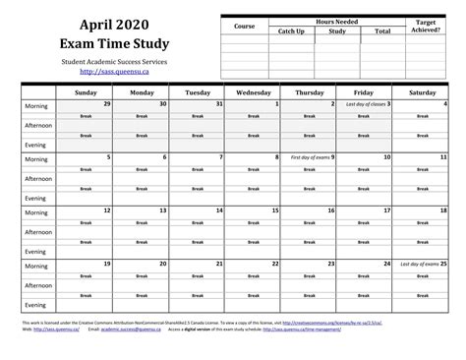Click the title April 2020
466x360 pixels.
coord(112,23)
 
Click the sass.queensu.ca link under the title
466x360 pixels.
coord(112,72)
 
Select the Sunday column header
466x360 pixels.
coord(84,91)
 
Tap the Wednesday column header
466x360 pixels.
coord(254,91)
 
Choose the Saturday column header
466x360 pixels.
coord(422,91)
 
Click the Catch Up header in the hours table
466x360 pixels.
coord(291,31)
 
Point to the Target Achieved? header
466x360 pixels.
coord(426,26)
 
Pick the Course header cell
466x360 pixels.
coord(245,26)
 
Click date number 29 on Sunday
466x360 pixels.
coord(107,103)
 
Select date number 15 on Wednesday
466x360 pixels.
coord(276,210)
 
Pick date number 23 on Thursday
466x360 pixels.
coord(332,264)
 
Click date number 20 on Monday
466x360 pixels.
coord(163,264)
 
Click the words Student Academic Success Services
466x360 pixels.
coord(112,61)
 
